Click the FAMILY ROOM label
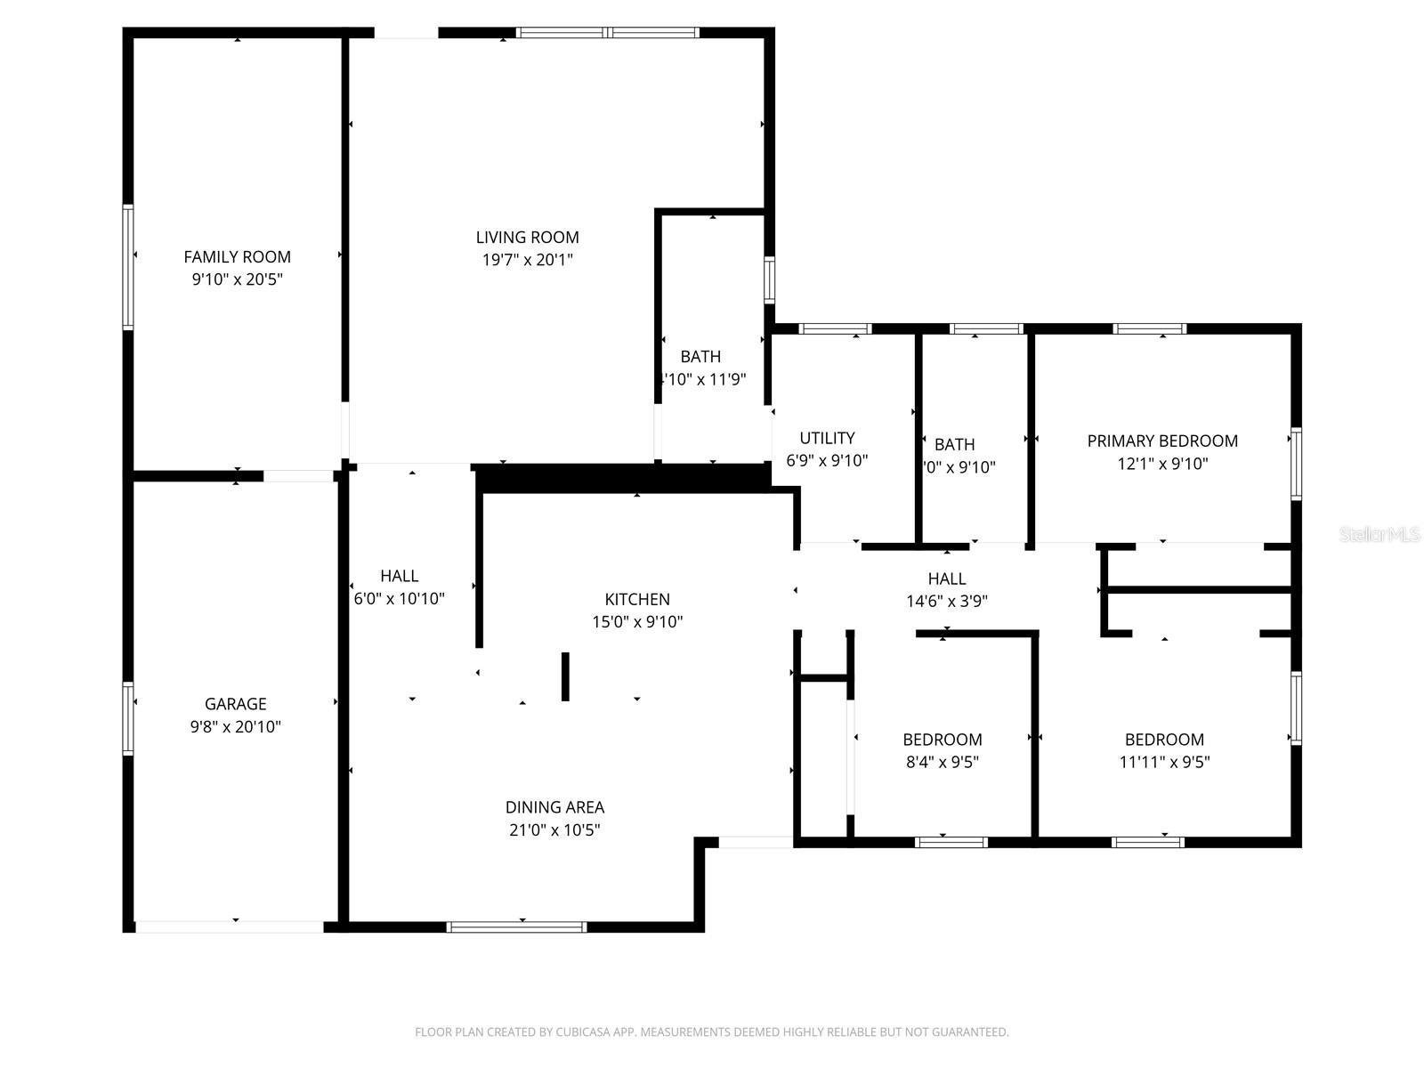coord(237,256)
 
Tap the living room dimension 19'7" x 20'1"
coord(527,260)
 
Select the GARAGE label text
coord(235,703)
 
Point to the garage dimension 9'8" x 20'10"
coord(235,726)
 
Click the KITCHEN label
coord(637,599)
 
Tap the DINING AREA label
coord(554,807)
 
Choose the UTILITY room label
coord(827,438)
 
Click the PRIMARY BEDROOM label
coord(1162,441)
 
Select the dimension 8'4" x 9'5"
coord(942,762)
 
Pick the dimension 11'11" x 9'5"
coord(1164,762)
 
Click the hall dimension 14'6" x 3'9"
coord(947,601)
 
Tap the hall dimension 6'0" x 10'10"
coord(400,598)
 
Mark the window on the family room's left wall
coord(128,267)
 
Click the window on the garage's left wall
coord(128,718)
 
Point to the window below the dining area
coord(516,926)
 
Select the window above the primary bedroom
coord(1149,328)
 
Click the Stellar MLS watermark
coord(1379,535)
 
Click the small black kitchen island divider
coord(565,676)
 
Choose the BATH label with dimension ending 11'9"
coord(700,357)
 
